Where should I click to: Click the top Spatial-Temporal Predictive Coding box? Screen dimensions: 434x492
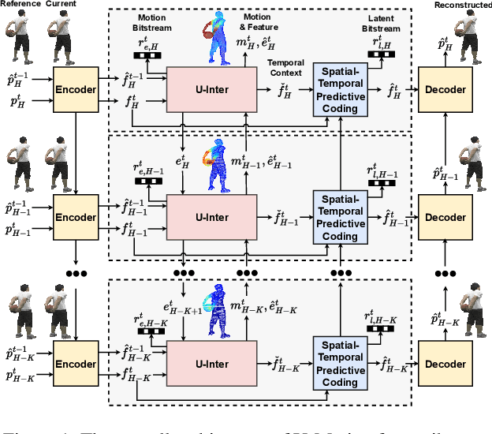pos(341,90)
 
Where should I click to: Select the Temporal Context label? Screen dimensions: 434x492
pos(285,66)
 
